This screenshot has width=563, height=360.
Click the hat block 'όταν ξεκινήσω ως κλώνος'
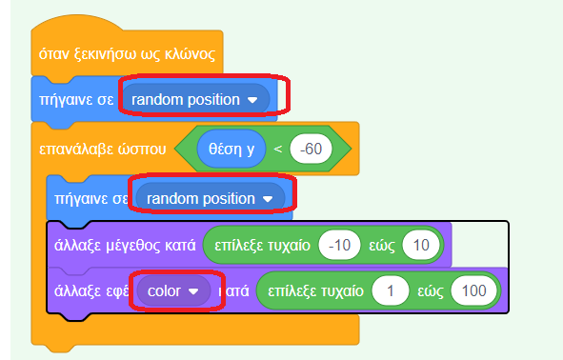coord(124,53)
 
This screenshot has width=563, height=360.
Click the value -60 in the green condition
coord(310,149)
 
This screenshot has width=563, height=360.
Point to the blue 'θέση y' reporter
coord(231,149)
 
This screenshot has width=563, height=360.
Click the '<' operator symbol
coord(278,149)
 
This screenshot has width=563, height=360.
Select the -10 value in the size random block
coord(339,244)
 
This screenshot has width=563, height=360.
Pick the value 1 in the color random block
coord(391,290)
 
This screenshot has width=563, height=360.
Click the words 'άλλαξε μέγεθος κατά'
coord(123,244)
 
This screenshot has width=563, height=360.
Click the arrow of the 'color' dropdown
coord(194,290)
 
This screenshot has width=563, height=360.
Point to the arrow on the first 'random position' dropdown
coord(252,99)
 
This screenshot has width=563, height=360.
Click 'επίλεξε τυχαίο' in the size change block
coord(263,244)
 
